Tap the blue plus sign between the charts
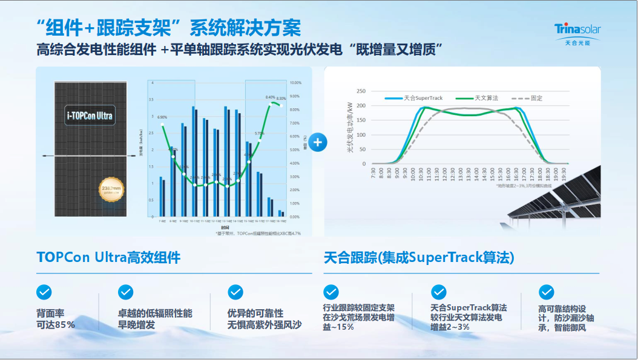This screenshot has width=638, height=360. (x=319, y=142)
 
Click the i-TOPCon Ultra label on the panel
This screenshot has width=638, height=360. (x=90, y=115)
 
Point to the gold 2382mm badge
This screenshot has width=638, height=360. (x=112, y=191)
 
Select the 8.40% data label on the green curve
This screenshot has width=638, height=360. (x=270, y=97)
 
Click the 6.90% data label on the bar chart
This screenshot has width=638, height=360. (x=162, y=117)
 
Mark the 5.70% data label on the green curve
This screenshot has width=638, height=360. (x=259, y=133)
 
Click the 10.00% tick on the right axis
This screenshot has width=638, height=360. (x=295, y=83)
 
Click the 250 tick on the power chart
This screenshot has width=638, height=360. (x=361, y=91)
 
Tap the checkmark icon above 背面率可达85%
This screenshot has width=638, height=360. (x=44, y=292)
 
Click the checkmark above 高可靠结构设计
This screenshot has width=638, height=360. (x=546, y=292)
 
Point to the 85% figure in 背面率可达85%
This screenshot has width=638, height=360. (x=65, y=325)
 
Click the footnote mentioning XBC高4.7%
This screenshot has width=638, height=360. (x=258, y=233)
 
